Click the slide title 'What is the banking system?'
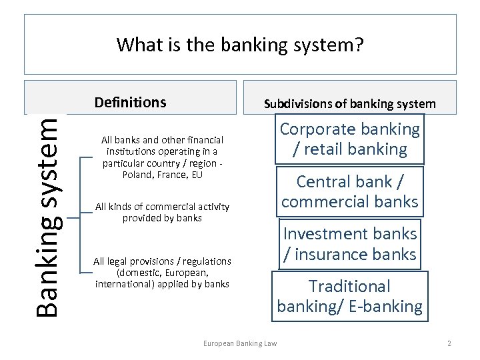240,45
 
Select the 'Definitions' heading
130,102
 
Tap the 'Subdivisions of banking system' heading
349,103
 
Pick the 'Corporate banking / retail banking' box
349,139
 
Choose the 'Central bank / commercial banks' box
349,191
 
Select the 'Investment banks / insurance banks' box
349,244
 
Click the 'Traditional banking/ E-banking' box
349,296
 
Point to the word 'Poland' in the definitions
137,175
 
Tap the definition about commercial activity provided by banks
162,212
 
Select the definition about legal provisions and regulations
162,272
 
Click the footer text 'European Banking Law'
239,343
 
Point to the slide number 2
449,343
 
